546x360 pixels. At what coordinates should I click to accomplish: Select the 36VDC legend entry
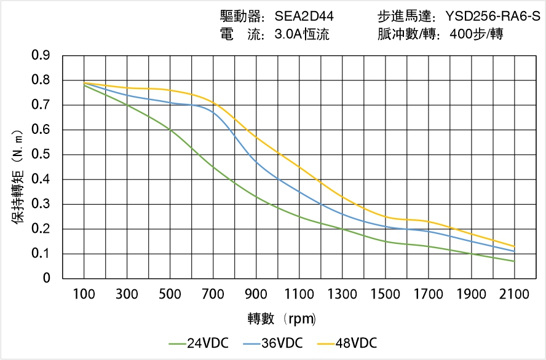[x=273, y=343]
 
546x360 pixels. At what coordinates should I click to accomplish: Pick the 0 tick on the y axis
[x=47, y=279]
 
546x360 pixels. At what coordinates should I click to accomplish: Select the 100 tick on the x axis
[x=84, y=294]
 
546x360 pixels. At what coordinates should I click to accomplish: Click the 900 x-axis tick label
[x=256, y=294]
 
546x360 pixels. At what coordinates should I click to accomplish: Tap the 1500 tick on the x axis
[x=385, y=294]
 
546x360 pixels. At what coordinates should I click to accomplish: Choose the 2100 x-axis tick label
[x=514, y=294]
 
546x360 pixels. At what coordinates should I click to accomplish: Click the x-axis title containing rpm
[x=282, y=319]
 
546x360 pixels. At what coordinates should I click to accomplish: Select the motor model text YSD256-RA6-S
[x=493, y=16]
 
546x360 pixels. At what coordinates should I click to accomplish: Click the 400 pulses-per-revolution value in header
[x=461, y=34]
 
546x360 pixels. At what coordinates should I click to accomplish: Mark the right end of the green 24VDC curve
[x=514, y=261]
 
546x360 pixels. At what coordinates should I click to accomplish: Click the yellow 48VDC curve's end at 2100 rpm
[x=514, y=246]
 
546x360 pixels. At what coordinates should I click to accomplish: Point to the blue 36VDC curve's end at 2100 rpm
[x=514, y=251]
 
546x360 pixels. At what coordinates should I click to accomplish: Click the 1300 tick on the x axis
[x=342, y=294]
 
